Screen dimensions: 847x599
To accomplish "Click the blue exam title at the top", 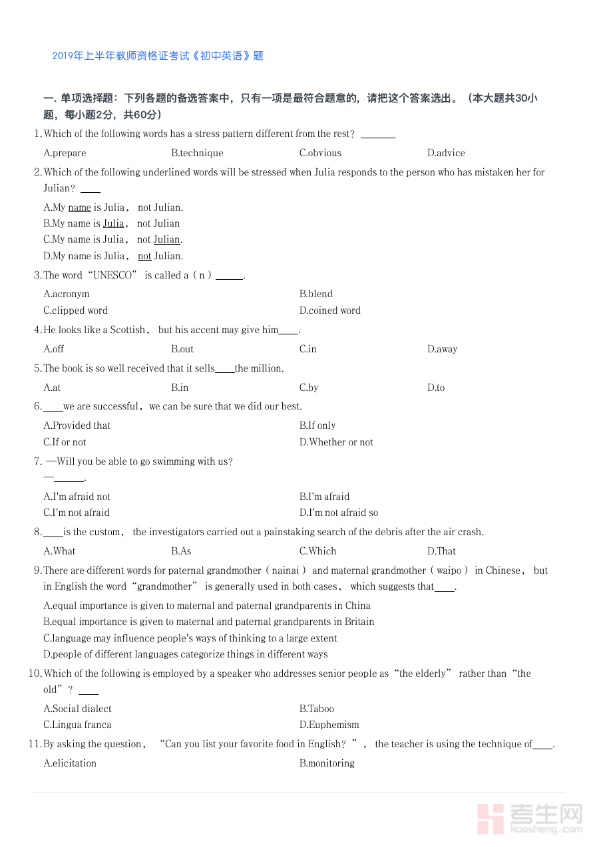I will coord(158,56).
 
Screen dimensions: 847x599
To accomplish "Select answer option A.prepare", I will coord(65,153).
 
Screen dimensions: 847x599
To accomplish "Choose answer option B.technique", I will coord(197,153).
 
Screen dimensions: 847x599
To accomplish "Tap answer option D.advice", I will coord(446,153).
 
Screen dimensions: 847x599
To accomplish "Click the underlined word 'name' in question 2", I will coord(79,207).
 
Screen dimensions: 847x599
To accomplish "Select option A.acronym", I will coord(66,294).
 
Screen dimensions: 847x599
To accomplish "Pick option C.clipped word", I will coord(75,310).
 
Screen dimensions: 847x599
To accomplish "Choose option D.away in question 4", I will coord(442,349).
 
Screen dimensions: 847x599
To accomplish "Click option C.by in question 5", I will coord(309,388).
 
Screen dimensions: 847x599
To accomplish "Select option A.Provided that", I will coord(77,425).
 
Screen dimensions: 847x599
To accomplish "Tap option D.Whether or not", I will coord(336,442).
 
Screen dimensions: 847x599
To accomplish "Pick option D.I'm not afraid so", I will coord(339,513).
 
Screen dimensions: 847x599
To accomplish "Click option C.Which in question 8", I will coord(317,551).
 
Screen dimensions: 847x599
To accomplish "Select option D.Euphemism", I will coord(329,725).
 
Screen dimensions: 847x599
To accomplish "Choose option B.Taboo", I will coord(316,709).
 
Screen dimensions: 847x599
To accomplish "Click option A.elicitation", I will coord(70,763).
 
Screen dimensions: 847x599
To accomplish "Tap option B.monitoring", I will coord(327,763).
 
